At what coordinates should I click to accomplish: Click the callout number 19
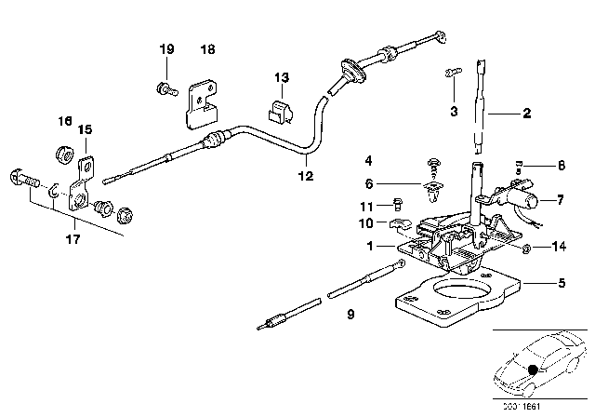166,48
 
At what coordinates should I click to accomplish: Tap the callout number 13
282,76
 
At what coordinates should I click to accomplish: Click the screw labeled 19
164,88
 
